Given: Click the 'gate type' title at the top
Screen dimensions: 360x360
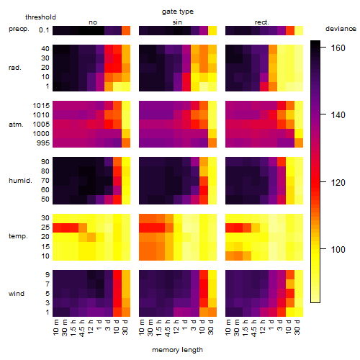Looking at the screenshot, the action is click(178, 12).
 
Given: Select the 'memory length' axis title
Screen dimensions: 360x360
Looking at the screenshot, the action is click(177, 350).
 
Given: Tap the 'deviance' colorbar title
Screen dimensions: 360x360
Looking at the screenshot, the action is click(341, 29).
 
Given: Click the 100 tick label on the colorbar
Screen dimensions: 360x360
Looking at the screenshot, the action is click(338, 250).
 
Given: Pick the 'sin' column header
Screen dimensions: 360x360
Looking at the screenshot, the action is click(177, 22).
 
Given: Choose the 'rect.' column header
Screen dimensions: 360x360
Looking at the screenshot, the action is click(261, 22).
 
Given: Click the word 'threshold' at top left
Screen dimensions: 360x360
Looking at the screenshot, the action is click(40, 17).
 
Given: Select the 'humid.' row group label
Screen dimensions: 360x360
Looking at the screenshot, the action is click(20, 181).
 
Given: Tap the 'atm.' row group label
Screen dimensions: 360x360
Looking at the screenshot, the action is click(16, 125).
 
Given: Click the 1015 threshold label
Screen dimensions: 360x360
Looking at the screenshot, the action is click(41, 106).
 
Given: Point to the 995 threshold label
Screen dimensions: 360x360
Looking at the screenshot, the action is click(43, 143).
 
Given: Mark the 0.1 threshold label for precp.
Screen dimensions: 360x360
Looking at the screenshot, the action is click(44, 30).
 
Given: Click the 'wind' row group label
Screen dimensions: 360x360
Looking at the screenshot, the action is click(17, 294).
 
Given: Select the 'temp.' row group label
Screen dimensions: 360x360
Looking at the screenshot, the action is click(18, 236).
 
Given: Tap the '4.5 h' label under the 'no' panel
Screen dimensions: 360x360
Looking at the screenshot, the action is click(82, 328).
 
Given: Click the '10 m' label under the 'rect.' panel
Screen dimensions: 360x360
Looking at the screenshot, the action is click(229, 328).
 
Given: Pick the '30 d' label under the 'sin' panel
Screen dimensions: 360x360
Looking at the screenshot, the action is click(211, 328).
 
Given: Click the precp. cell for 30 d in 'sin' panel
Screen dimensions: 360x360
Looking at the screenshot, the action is click(212, 31).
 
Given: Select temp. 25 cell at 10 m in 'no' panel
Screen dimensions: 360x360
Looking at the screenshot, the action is click(57, 228).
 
